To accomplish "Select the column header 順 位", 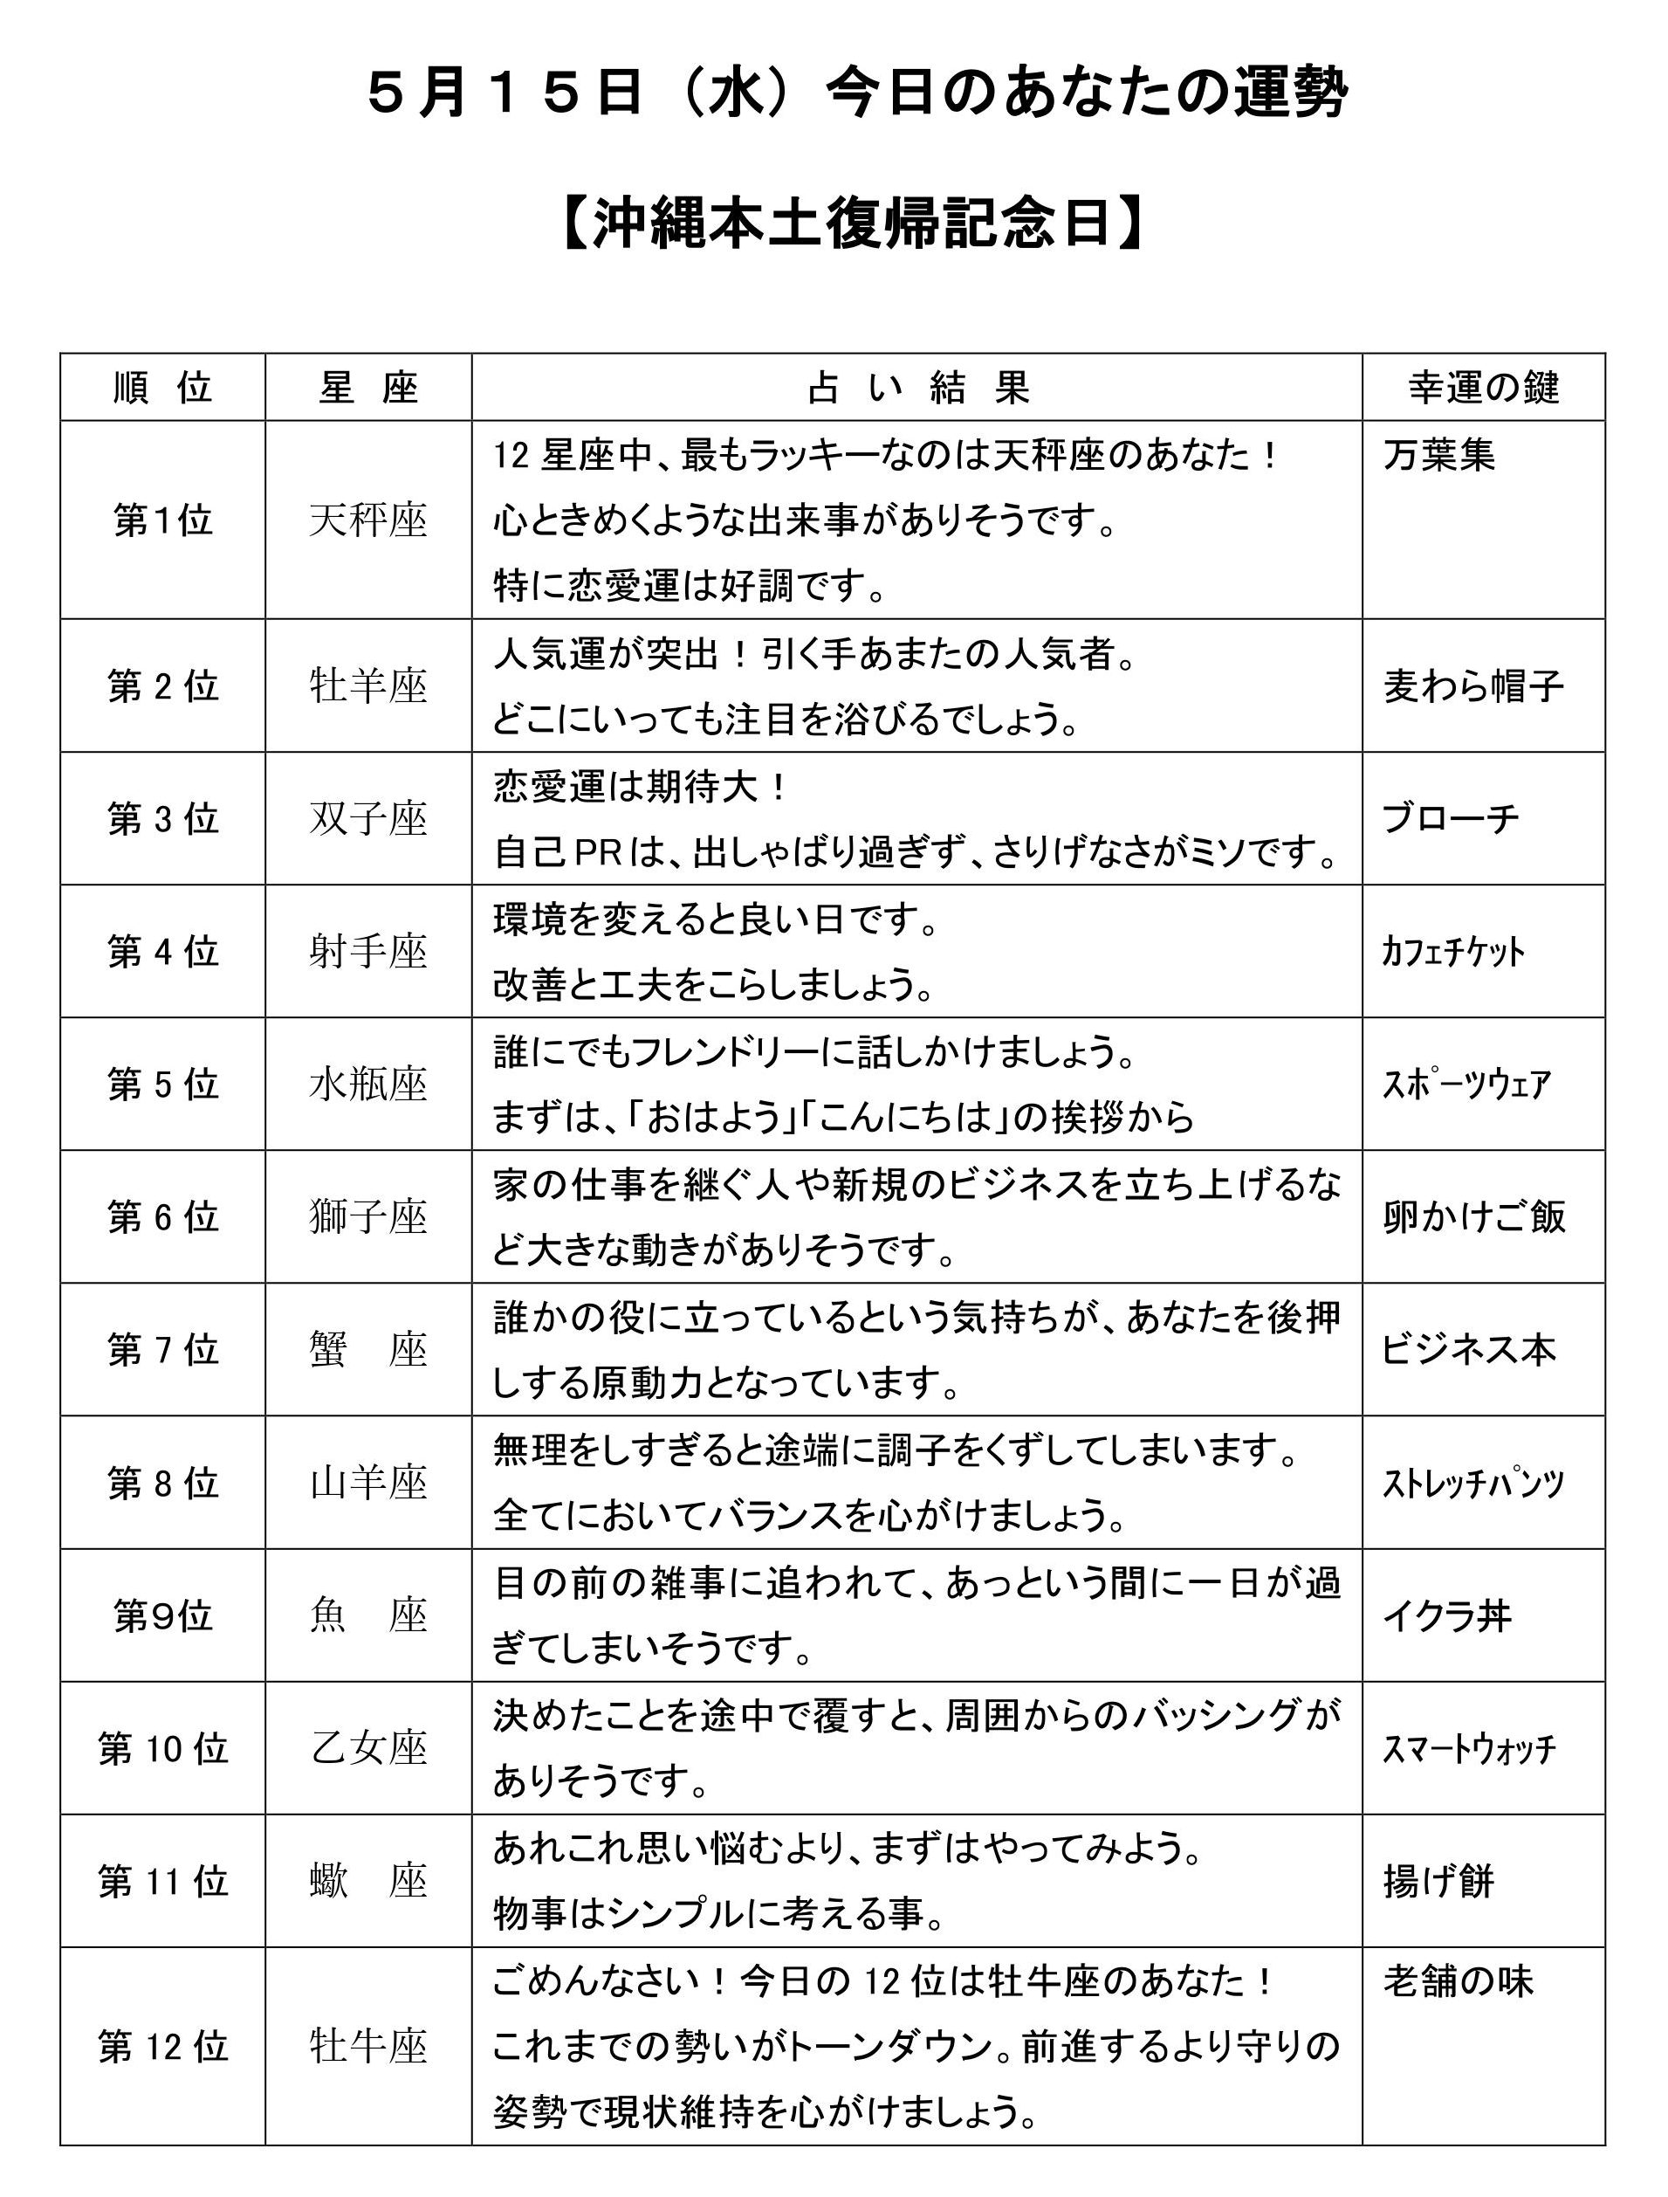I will click(163, 388).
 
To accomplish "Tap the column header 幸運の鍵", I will click(1483, 388).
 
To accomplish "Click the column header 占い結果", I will click(917, 388).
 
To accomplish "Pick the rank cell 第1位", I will click(163, 520).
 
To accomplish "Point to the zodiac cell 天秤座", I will click(368, 520).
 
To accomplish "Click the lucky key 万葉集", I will click(1439, 456).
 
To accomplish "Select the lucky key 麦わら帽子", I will click(1473, 686).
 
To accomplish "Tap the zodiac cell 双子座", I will click(368, 819).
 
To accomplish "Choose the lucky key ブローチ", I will click(1451, 819).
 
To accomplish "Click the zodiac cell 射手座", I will click(368, 953).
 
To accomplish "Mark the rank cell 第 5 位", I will click(163, 1085).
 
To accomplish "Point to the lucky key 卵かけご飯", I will click(1474, 1217).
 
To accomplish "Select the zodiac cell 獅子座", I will click(368, 1217).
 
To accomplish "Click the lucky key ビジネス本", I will click(1468, 1351).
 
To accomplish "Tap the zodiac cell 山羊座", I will click(368, 1484).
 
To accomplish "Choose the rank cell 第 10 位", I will click(163, 1749).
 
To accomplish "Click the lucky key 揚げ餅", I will click(1438, 1882).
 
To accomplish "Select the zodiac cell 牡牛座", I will click(368, 2046).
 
